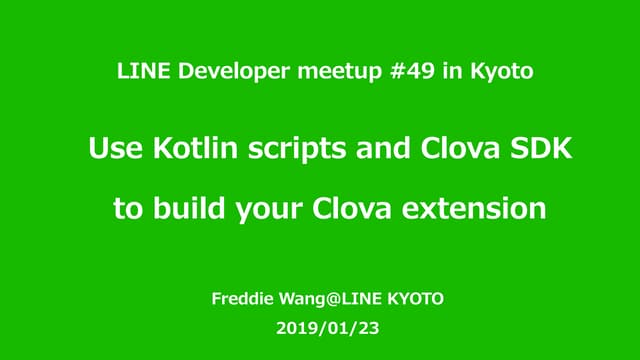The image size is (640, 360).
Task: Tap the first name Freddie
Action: (x=241, y=298)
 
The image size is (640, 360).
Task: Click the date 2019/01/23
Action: (x=320, y=327)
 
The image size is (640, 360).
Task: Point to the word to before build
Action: (x=128, y=210)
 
